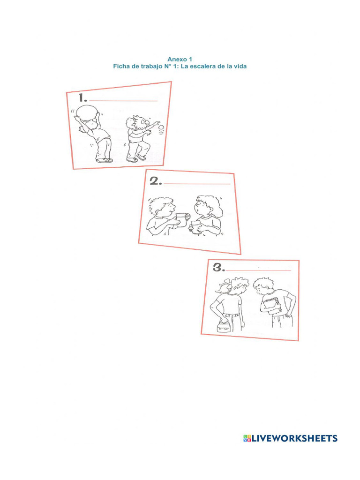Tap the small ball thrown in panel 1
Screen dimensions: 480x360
pos(161,127)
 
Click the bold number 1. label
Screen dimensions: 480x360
pos(83,97)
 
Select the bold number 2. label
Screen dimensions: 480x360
pos(156,182)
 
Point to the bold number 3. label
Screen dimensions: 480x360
pos(219,268)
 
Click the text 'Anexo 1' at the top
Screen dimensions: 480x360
pos(180,59)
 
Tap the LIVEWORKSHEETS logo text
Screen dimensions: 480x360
pos(295,438)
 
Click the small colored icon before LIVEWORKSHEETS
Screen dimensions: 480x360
pos(247,438)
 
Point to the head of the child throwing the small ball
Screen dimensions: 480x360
pos(136,123)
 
